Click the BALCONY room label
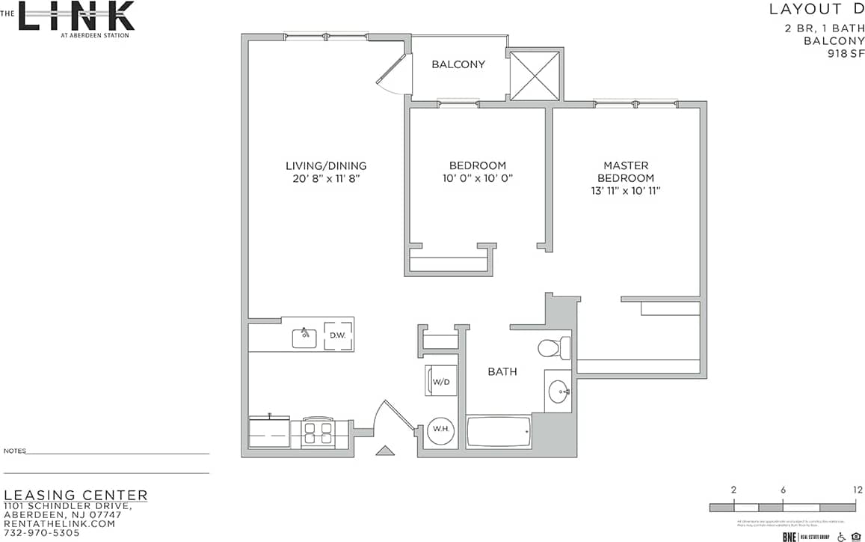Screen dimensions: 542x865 click(x=458, y=64)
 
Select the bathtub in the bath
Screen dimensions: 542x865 click(x=499, y=433)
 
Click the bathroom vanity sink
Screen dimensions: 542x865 click(x=558, y=390)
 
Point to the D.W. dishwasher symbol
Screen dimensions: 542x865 click(x=337, y=335)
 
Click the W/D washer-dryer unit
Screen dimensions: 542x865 click(x=440, y=382)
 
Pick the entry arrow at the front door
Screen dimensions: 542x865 click(x=385, y=450)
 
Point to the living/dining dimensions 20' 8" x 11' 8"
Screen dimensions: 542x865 click(x=326, y=179)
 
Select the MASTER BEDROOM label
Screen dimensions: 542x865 click(x=626, y=171)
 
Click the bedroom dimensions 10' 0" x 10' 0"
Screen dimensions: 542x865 click(x=477, y=179)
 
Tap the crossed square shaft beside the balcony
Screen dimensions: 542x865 click(x=534, y=74)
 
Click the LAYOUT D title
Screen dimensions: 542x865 click(x=816, y=10)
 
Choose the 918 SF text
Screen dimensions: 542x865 click(x=845, y=54)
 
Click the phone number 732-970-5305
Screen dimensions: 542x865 click(x=42, y=534)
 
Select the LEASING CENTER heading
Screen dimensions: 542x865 click(x=76, y=496)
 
